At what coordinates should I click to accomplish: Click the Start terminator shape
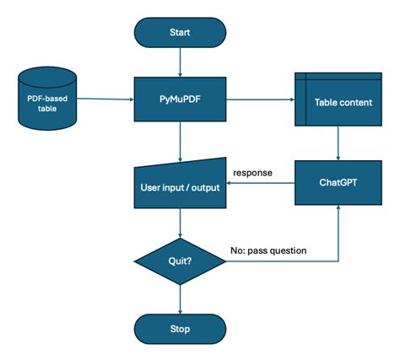pos(181,32)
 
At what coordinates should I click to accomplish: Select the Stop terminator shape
pos(181,328)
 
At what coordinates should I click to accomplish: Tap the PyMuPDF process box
pos(181,99)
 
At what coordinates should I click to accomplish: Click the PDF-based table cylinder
pos(46,99)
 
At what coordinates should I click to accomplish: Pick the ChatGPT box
pos(338,182)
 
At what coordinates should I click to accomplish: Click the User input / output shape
pos(181,184)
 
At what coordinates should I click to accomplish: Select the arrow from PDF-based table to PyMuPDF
pos(105,99)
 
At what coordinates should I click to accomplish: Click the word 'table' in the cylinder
pos(46,106)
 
